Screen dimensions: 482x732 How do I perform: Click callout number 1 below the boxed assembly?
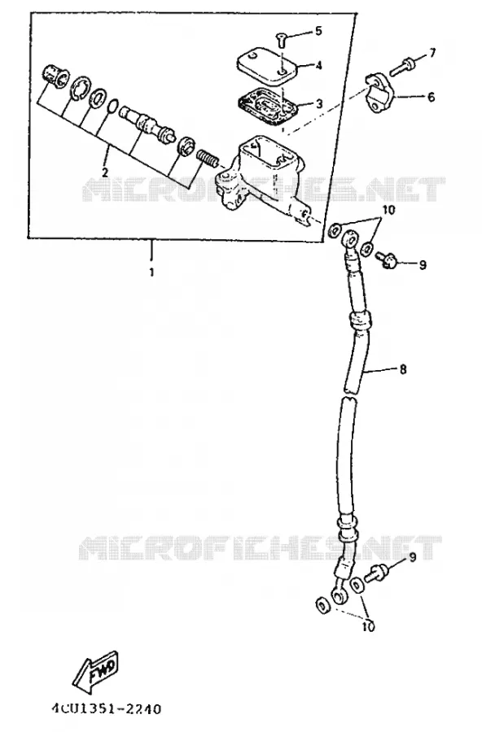(x=151, y=272)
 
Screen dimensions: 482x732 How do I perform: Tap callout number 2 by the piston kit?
(x=105, y=172)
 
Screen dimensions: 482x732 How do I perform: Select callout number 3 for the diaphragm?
(x=319, y=103)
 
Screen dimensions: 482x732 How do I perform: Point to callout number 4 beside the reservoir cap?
(x=318, y=65)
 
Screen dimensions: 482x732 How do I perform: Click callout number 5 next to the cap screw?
(x=318, y=31)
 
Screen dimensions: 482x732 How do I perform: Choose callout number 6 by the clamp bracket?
(x=431, y=97)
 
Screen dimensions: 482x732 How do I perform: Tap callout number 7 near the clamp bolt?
(x=432, y=53)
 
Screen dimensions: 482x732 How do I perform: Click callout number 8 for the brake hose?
(x=402, y=370)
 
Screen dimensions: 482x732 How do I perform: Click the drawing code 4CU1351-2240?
(x=106, y=709)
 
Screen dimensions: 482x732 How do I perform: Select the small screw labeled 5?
(x=281, y=41)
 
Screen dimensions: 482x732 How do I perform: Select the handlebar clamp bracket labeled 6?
(x=379, y=94)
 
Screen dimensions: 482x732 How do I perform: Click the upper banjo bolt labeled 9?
(x=386, y=259)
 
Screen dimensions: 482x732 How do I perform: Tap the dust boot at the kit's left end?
(x=55, y=76)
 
